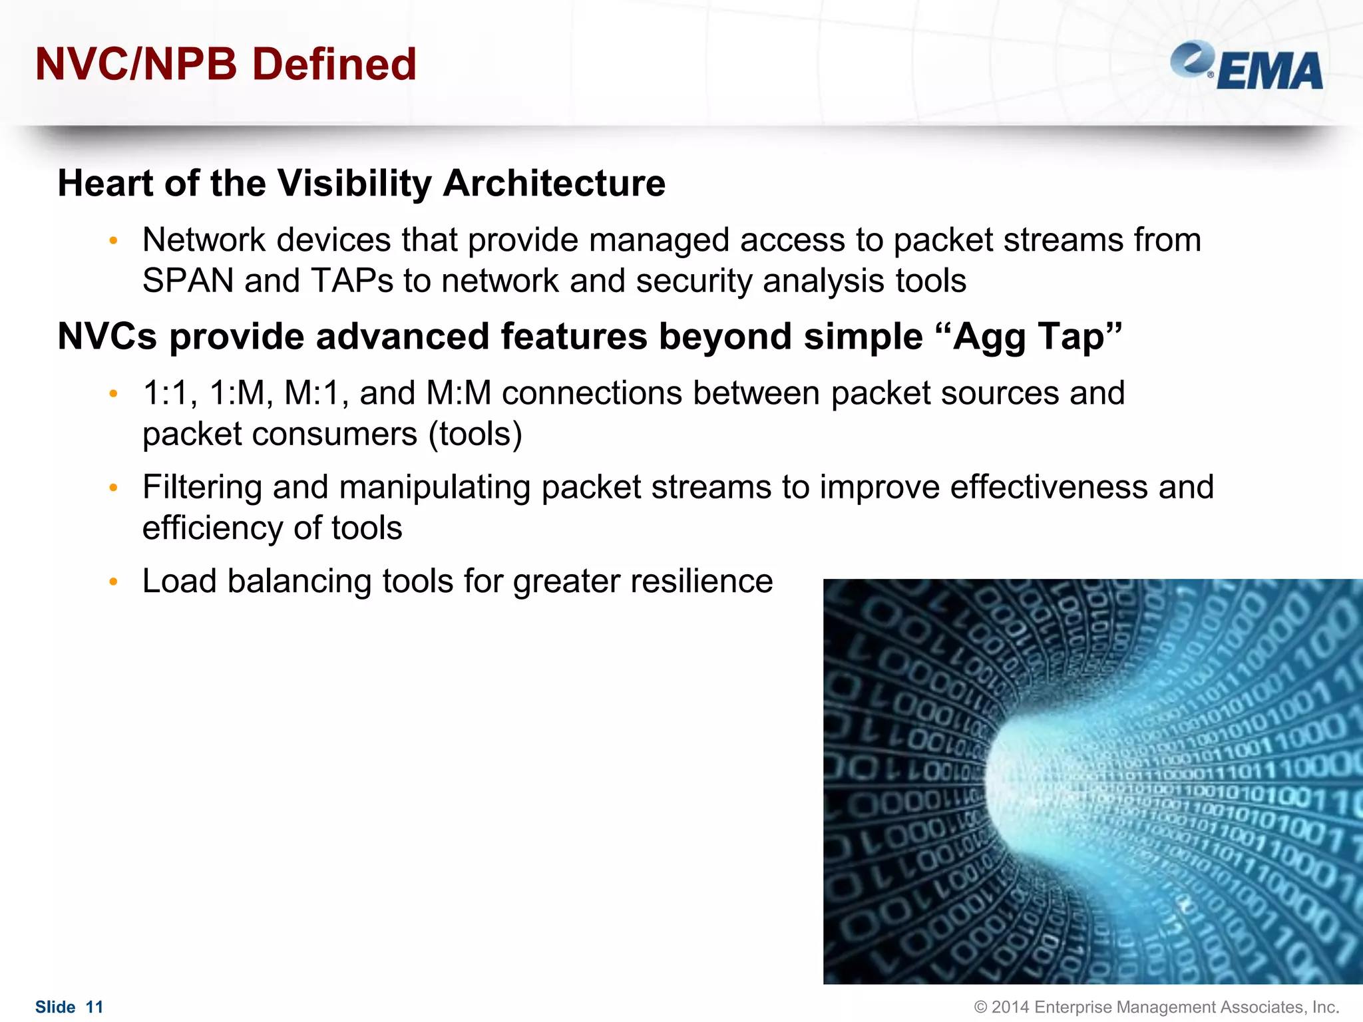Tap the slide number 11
[x=95, y=1007]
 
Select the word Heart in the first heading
[x=106, y=183]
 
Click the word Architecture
[x=554, y=183]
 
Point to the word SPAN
[x=188, y=281]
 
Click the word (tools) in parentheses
[x=475, y=434]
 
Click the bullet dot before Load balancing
[x=113, y=582]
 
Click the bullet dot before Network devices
[x=113, y=241]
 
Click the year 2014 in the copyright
[x=1010, y=1007]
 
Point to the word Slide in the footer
[x=55, y=1007]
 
